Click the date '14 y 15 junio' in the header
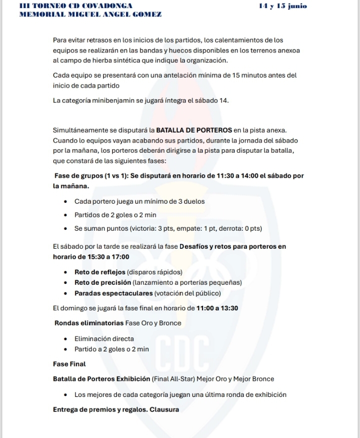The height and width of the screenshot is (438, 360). [282, 6]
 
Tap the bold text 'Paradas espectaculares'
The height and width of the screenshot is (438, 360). [113, 293]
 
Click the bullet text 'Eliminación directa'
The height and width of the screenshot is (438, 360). [104, 339]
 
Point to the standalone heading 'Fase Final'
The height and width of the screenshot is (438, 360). [69, 364]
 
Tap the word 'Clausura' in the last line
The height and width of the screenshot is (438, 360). [164, 409]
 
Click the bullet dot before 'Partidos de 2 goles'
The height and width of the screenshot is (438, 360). [66, 215]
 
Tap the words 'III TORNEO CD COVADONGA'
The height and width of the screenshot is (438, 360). [75, 6]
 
